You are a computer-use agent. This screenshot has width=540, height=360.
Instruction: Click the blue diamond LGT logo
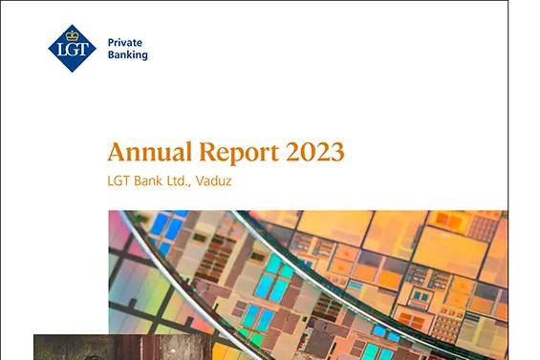tap(72, 49)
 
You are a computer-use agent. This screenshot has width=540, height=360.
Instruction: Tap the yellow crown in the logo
tap(72, 35)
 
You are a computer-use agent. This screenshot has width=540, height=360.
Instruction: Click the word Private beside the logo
tap(125, 43)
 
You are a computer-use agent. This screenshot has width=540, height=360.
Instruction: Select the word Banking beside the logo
tap(128, 55)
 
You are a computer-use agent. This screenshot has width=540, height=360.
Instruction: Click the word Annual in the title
tap(149, 152)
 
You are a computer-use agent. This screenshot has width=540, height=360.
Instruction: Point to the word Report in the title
tap(239, 153)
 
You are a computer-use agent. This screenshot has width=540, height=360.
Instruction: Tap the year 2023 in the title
tap(315, 152)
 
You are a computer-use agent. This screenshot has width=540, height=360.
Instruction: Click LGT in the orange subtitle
tap(119, 180)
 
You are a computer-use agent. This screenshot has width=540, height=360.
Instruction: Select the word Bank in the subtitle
tap(148, 180)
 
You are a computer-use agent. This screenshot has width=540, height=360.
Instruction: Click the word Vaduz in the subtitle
tap(213, 180)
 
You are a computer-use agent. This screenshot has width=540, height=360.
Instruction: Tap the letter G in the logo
tap(71, 50)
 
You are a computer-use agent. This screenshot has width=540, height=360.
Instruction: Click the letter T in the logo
tap(82, 50)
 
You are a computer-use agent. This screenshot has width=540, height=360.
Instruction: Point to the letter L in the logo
tap(60, 50)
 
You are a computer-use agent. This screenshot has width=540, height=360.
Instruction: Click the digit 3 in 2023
tap(337, 152)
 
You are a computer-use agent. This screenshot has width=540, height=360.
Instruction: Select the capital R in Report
tap(207, 152)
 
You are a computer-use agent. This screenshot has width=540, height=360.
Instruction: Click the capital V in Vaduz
tap(200, 180)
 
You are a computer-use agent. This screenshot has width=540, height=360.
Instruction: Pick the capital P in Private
tap(111, 43)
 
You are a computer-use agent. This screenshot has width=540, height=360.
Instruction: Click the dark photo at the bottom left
tap(122, 347)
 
